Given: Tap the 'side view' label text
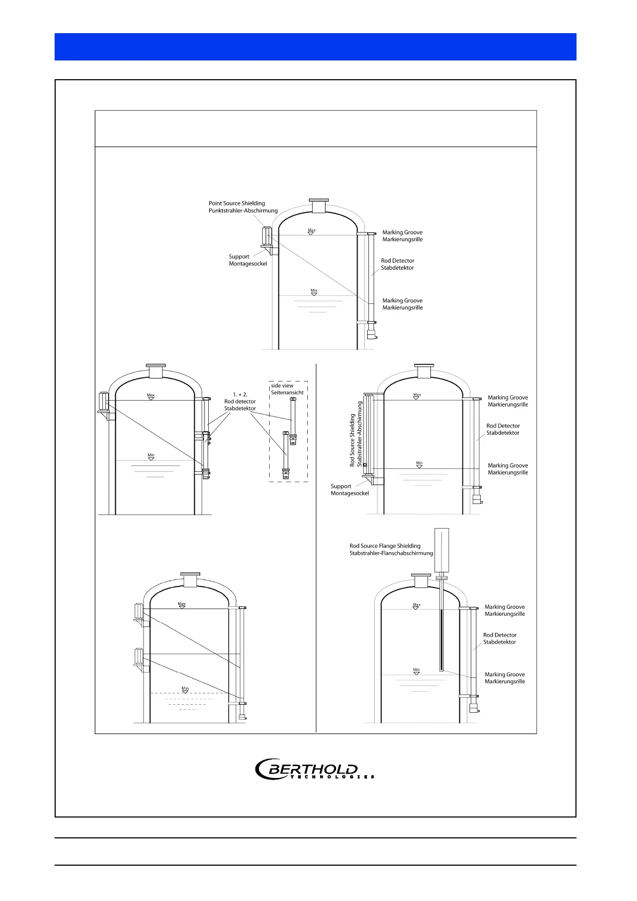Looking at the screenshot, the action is [282, 386].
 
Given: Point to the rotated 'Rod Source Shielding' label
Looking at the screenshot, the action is [356, 433].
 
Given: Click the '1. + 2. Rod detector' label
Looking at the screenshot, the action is [240, 401].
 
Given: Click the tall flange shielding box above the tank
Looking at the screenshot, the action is [442, 550].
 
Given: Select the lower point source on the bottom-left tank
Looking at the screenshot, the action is [139, 656].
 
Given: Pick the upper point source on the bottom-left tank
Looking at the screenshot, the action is [139, 611].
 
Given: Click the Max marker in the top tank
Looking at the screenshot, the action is [312, 231].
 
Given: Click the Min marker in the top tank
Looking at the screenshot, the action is [314, 292].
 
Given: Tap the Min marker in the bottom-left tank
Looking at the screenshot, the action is [185, 690].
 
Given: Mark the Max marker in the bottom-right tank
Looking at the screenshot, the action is [416, 606].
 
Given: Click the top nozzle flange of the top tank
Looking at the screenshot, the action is [319, 201].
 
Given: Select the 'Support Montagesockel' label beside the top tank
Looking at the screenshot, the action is [247, 260].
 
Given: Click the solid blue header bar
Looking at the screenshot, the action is [315, 47].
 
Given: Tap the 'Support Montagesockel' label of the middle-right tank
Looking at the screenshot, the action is [350, 490].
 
